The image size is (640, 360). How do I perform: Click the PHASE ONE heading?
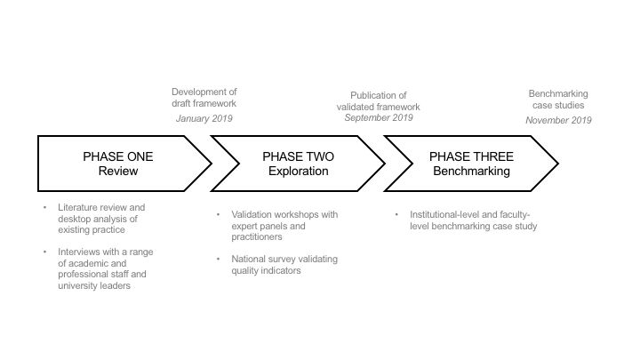pos(118,156)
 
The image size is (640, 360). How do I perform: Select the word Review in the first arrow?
pos(118,171)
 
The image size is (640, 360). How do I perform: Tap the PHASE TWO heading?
pos(299,156)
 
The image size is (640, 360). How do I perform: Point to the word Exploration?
pos(299,171)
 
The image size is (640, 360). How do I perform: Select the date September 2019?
pos(380,118)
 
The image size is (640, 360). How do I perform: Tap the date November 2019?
pos(559,119)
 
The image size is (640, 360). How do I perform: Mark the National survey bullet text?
pos(277,265)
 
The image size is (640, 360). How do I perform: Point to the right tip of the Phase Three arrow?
pos(558,164)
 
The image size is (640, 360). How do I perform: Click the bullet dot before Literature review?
pos(45,208)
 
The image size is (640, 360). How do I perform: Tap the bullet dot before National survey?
pos(219,260)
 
